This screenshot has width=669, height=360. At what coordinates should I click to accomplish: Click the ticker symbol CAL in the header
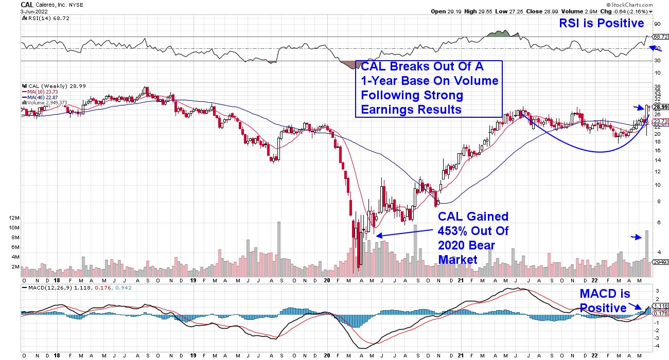click(x=27, y=4)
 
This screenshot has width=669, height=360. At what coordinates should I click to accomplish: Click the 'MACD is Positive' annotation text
click(x=602, y=301)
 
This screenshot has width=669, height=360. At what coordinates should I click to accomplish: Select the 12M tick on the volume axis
click(x=13, y=218)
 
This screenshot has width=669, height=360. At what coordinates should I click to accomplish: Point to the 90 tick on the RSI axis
click(x=657, y=24)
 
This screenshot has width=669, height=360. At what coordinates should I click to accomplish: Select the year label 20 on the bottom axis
click(x=326, y=282)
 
